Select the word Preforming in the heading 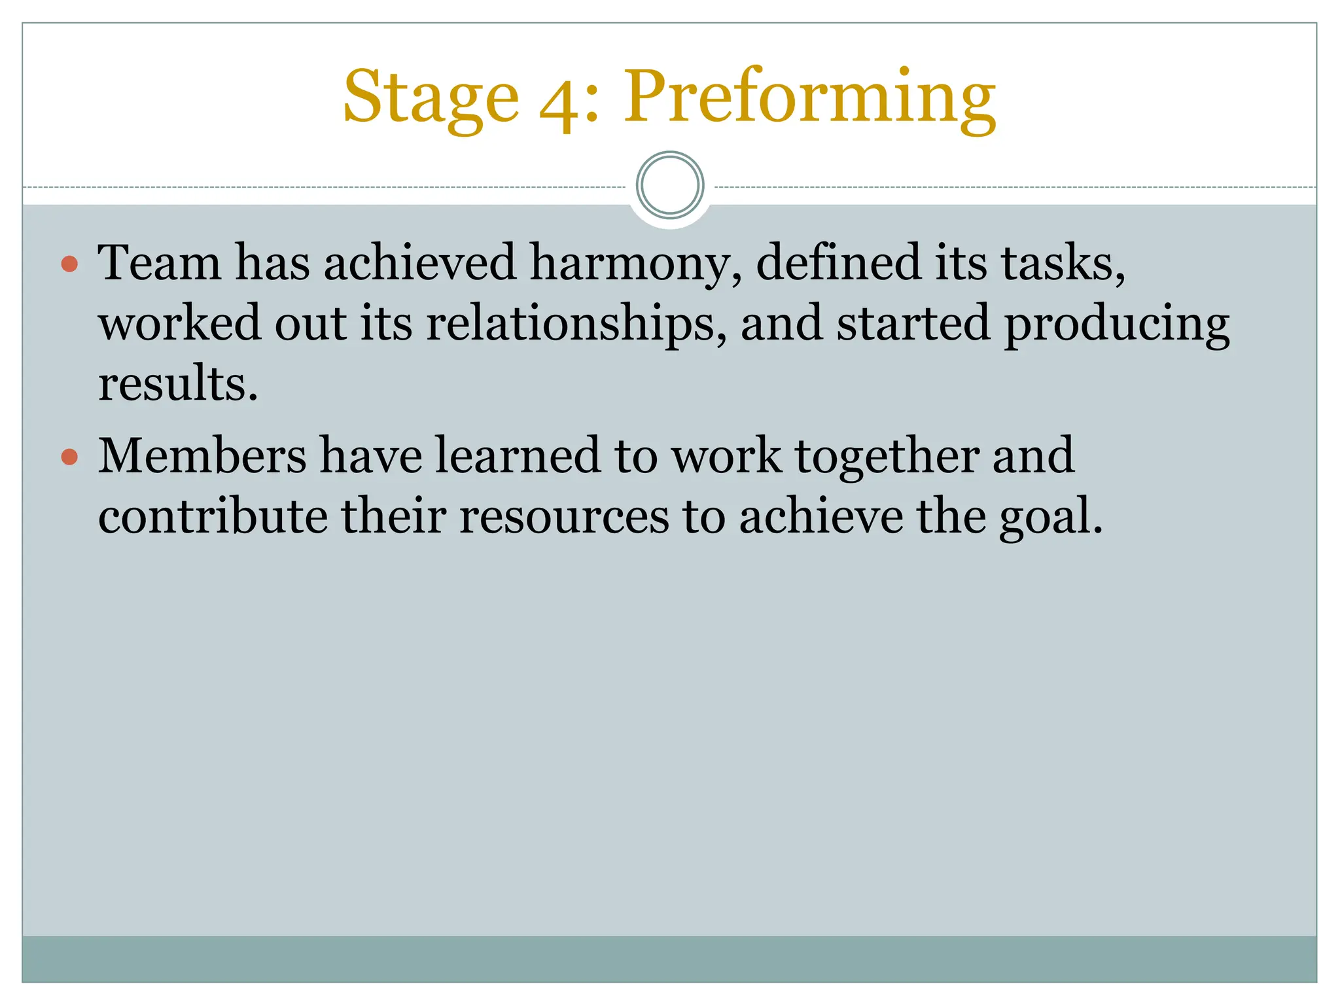click(x=809, y=98)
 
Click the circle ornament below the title click(x=670, y=185)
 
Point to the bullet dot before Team click(x=69, y=264)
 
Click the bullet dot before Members click(x=69, y=456)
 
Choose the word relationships click(x=576, y=325)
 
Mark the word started click(x=913, y=325)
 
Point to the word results click(x=177, y=384)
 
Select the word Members click(x=202, y=456)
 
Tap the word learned click(x=518, y=456)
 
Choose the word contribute click(x=213, y=517)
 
